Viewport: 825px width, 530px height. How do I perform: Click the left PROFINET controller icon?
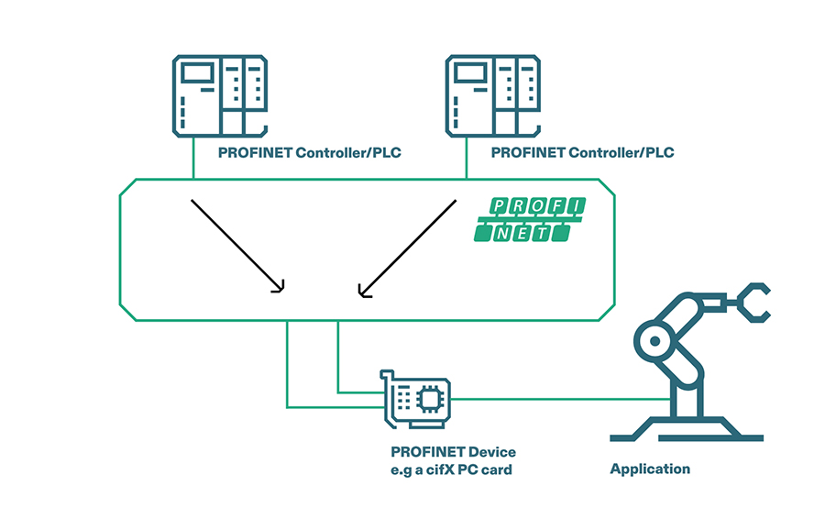pos(220,95)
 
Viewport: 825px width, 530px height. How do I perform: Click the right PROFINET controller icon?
pos(492,95)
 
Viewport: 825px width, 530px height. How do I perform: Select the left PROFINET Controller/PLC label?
pos(309,152)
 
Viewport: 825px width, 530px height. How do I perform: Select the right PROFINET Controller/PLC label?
pos(582,152)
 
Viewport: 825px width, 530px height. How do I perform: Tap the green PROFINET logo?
pos(529,220)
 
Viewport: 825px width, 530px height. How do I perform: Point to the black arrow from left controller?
pos(236,245)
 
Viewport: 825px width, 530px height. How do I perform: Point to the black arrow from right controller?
pos(408,248)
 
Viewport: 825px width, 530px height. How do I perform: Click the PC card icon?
pos(417,399)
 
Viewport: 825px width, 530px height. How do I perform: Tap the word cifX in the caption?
pos(441,469)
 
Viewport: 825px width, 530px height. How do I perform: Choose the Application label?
pos(650,469)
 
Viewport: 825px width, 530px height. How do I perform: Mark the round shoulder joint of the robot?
pos(654,341)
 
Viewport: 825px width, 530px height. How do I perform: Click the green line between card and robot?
pos(559,399)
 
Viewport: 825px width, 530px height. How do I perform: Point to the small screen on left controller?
pos(195,73)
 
